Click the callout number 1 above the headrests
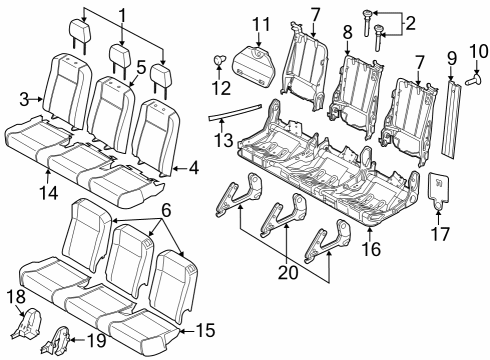click(x=122, y=16)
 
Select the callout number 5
click(x=141, y=68)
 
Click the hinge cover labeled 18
click(x=30, y=326)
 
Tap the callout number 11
click(x=261, y=25)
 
